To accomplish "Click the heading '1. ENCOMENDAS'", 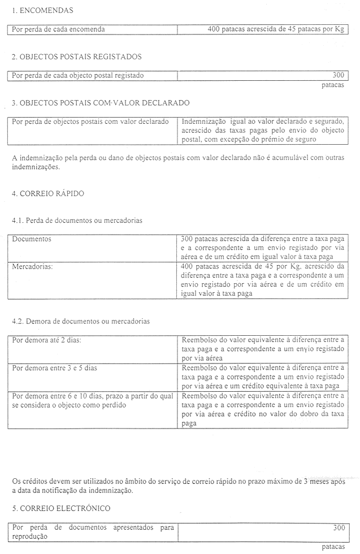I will pos(42,10).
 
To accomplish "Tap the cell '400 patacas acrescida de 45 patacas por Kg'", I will pos(276,29).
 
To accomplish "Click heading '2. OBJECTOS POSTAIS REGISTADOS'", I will pos(76,57).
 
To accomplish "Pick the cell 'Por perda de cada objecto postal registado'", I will pos(78,75).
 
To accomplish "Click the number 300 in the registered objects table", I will pos(338,75).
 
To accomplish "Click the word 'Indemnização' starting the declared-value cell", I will pos(203,121).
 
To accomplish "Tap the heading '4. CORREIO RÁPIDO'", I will pos(48,193).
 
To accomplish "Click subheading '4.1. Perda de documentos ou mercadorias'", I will pos(77,220).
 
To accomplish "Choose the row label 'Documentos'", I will pos(32,239).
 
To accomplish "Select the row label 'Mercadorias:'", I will pos(32,266).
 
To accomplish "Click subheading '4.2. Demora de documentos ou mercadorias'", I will pos(81,321).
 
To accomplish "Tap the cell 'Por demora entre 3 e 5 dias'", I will pos(54,368).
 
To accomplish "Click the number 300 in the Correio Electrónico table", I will pos(338,527).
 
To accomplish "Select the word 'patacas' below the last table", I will pos(332,547).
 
